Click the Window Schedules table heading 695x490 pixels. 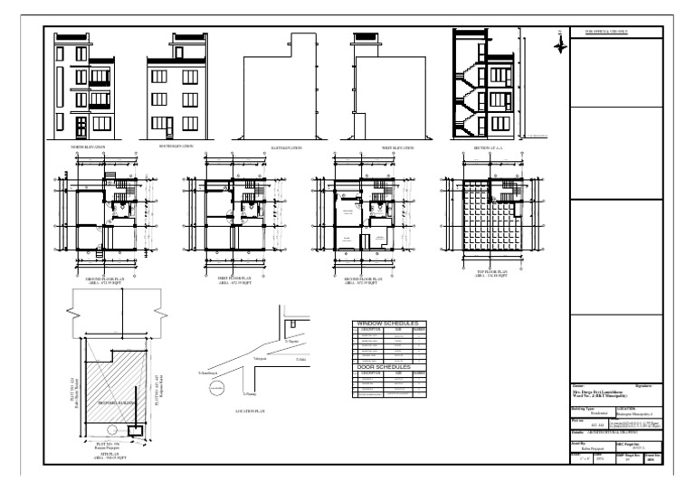coord(391,323)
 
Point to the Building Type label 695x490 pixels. coord(586,407)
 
